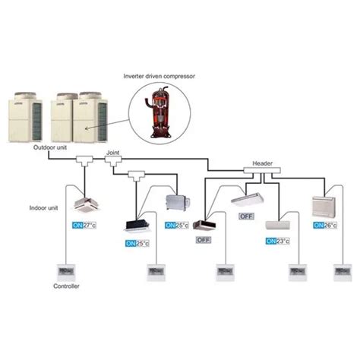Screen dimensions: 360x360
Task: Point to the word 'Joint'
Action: point(113,152)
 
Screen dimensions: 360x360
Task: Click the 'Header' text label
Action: point(253,162)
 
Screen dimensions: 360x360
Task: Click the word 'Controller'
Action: point(65,286)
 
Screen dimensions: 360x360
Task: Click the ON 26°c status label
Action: point(324,226)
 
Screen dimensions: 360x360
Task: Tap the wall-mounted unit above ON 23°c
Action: point(277,225)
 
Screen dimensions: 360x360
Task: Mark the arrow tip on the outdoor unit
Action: point(85,129)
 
